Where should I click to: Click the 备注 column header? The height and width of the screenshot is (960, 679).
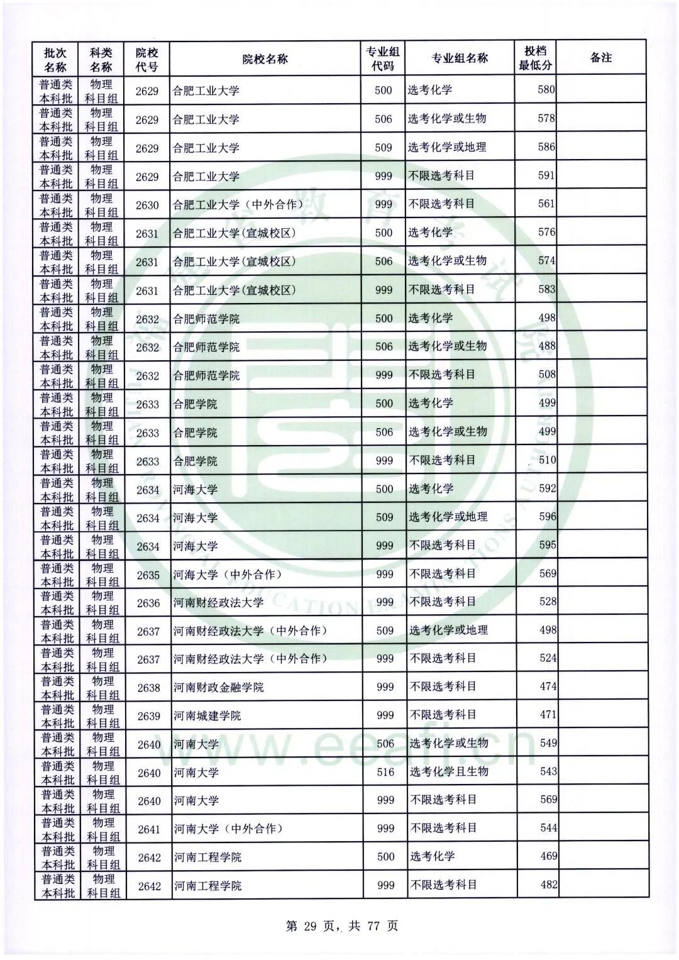(601, 58)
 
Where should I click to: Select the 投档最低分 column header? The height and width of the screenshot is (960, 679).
(535, 58)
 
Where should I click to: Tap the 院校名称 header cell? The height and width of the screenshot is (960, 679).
(265, 59)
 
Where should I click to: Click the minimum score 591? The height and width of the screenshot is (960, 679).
(546, 175)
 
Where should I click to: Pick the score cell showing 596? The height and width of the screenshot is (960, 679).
(547, 517)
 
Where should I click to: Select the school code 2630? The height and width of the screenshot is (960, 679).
(147, 205)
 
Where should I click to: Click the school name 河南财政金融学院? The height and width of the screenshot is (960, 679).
(219, 688)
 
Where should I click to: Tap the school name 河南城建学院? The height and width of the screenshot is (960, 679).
(207, 716)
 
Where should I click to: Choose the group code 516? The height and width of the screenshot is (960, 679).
(385, 772)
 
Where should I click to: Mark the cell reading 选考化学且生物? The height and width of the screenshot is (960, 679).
(449, 771)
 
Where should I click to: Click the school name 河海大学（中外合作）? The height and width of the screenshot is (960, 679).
(228, 575)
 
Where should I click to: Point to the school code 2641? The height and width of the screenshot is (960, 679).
(149, 829)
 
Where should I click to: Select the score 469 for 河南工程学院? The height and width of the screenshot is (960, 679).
(548, 856)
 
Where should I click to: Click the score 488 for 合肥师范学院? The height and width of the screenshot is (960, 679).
(547, 346)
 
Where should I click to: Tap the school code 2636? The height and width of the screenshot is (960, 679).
(148, 603)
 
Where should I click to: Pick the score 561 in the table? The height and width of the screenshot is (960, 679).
(546, 204)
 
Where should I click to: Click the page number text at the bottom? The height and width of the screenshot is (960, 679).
(342, 925)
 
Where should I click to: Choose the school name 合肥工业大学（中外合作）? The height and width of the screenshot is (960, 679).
(238, 205)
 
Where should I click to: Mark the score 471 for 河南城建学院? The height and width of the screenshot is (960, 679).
(548, 715)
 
